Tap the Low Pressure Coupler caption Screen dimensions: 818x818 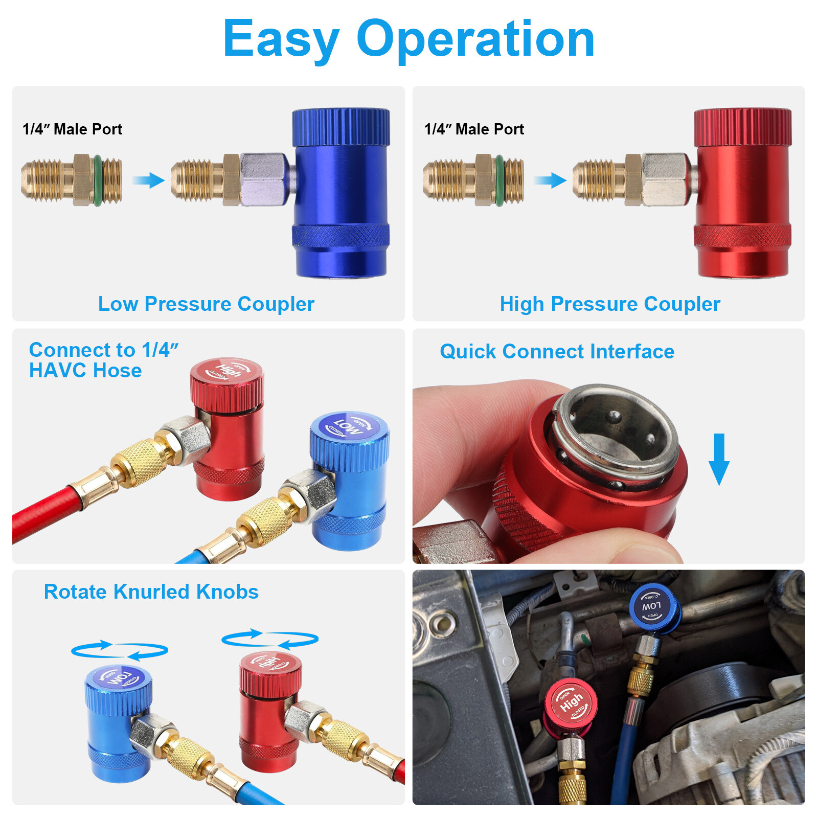click(206, 304)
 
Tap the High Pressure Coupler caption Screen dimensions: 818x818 click(610, 304)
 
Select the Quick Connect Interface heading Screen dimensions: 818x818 click(557, 352)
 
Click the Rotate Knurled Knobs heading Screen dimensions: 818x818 click(151, 592)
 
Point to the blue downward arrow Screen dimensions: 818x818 click(719, 459)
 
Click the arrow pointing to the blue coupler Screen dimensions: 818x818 click(148, 180)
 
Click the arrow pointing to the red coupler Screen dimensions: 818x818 click(550, 180)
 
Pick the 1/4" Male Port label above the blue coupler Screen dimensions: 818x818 click(72, 129)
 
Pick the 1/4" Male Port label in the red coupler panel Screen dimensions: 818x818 click(474, 129)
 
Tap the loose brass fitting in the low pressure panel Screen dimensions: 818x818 click(72, 180)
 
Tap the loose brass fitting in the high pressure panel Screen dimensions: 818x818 click(473, 180)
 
